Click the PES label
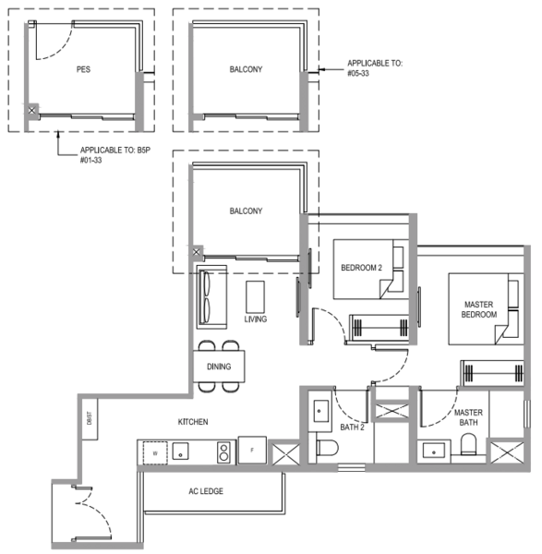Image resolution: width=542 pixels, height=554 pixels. [83, 68]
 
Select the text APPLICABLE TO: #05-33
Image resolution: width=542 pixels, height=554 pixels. [376, 68]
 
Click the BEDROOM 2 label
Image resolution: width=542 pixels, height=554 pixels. [360, 268]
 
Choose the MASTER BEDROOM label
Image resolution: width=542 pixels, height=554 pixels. [478, 308]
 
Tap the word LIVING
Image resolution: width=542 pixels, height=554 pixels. [256, 319]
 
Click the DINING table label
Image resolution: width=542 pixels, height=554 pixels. [219, 367]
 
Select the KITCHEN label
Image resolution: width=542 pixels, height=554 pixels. [193, 422]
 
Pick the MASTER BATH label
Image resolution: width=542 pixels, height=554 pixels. [468, 417]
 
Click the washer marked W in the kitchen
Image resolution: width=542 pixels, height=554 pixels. [153, 452]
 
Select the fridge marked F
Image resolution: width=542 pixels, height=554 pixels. [251, 450]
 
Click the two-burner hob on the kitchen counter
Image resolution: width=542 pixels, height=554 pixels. [223, 452]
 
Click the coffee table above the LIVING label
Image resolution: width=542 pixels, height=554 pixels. [256, 295]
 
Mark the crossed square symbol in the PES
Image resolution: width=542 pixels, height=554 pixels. [32, 110]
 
